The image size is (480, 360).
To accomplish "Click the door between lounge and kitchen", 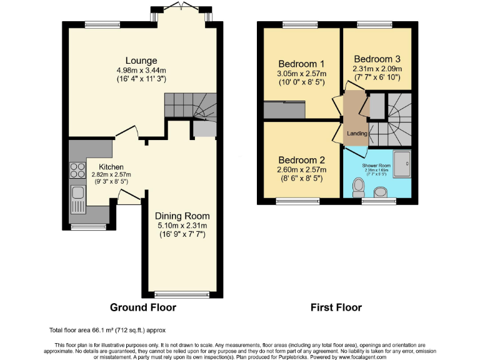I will pyautogui.click(x=127, y=131).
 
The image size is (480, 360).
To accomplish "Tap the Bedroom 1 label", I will pyautogui.click(x=301, y=64).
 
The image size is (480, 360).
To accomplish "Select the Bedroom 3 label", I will pyautogui.click(x=376, y=59).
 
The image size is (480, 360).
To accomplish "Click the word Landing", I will pyautogui.click(x=357, y=134).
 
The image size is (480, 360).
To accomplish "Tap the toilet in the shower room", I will pyautogui.click(x=359, y=186).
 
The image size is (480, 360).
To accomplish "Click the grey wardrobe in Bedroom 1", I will pyautogui.click(x=284, y=110).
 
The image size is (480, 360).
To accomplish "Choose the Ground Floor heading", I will pyautogui.click(x=143, y=307).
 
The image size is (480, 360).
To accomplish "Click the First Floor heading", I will pyautogui.click(x=336, y=307).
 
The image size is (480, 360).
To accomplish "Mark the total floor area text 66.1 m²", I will pyautogui.click(x=107, y=330).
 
